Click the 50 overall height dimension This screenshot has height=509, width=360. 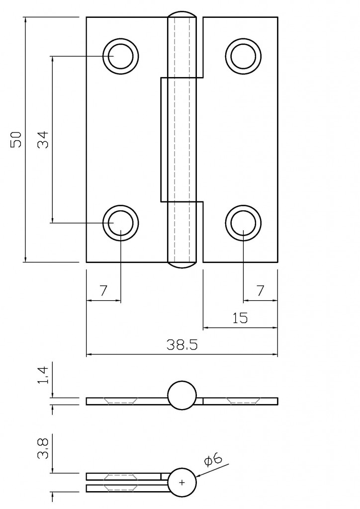pyautogui.click(x=16, y=139)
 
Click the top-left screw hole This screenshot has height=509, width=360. pyautogui.click(x=120, y=56)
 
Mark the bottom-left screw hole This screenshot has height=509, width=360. pyautogui.click(x=120, y=223)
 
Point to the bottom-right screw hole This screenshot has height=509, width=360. pyautogui.click(x=243, y=223)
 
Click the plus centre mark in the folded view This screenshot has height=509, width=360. pyautogui.click(x=182, y=482)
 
